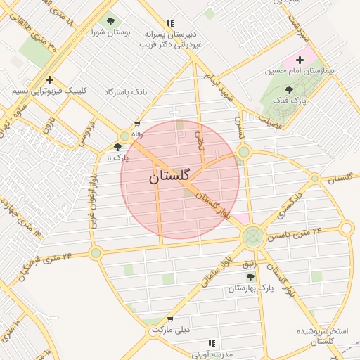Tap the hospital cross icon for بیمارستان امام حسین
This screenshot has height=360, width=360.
point(300,60)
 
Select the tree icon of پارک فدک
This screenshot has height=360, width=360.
point(289,90)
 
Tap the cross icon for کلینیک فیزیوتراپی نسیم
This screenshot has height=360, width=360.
point(49,80)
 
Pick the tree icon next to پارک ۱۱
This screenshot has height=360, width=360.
point(117,147)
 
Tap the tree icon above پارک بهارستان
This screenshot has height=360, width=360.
point(250,278)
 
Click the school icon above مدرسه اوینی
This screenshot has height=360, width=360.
point(211,343)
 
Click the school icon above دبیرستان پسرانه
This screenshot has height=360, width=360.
point(171,22)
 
